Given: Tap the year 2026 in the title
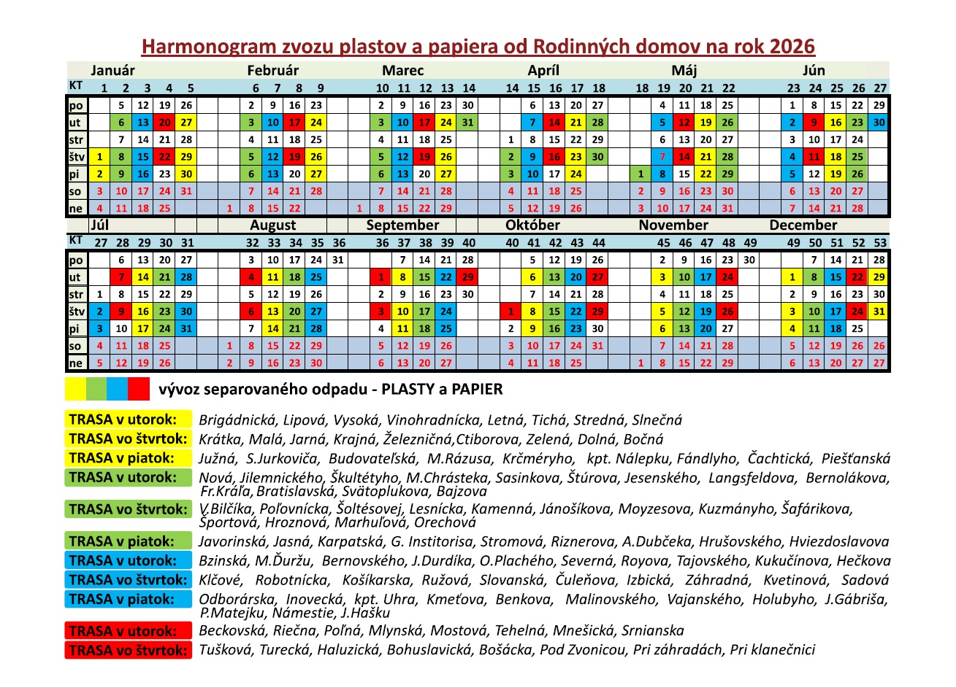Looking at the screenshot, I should point(791,47).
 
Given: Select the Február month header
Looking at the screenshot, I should point(272,71).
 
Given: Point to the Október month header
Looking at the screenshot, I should point(532,225).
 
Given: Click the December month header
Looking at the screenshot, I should point(803,225).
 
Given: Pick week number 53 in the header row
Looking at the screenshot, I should point(879,242).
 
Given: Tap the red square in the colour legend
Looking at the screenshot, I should point(139,389).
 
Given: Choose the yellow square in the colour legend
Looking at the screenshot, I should point(75,389).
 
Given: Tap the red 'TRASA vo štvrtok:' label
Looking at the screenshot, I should point(129,650).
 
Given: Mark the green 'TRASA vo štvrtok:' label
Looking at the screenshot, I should point(129,509).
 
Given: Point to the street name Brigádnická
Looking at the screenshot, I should point(237,420).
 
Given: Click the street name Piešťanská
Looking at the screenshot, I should point(855,459).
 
